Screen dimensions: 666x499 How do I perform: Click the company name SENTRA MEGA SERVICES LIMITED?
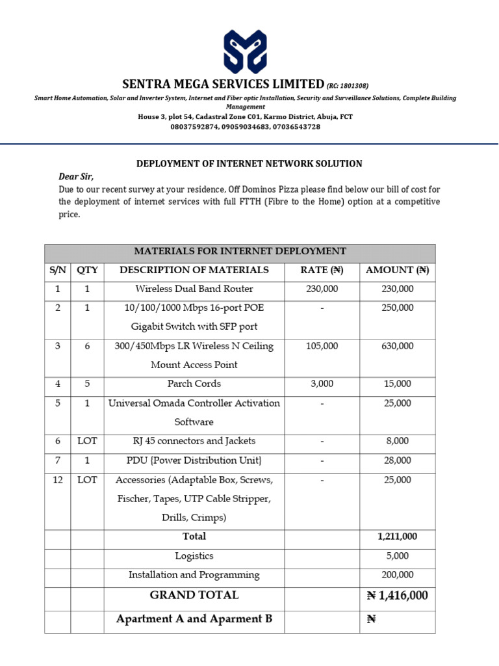pos(223,84)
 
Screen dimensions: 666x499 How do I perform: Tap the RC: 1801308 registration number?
pos(348,85)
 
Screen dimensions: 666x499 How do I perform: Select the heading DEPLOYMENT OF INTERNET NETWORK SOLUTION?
pos(249,164)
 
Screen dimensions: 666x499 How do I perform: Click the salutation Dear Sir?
pos(76,176)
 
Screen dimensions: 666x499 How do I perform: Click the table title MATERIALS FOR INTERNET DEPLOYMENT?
pos(240,251)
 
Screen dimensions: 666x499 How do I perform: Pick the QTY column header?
pos(86,270)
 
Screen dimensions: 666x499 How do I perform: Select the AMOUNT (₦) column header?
pos(397,270)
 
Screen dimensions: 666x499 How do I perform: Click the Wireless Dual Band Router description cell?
pos(194,289)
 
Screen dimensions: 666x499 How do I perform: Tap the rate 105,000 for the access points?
pos(322,346)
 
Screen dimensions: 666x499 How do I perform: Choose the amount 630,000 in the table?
pos(397,346)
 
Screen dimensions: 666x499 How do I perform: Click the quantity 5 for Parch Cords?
pos(86,384)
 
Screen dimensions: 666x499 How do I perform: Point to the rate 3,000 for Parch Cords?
pos(322,384)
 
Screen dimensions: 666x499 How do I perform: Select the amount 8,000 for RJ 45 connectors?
pos(397,441)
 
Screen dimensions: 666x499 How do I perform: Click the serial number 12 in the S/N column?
pos(57,480)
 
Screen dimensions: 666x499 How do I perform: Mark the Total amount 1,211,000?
pos(397,537)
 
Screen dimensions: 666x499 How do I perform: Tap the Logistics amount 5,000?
pos(397,556)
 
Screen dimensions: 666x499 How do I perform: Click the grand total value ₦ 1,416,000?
pos(397,595)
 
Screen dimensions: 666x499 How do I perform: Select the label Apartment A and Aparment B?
pos(194,619)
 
